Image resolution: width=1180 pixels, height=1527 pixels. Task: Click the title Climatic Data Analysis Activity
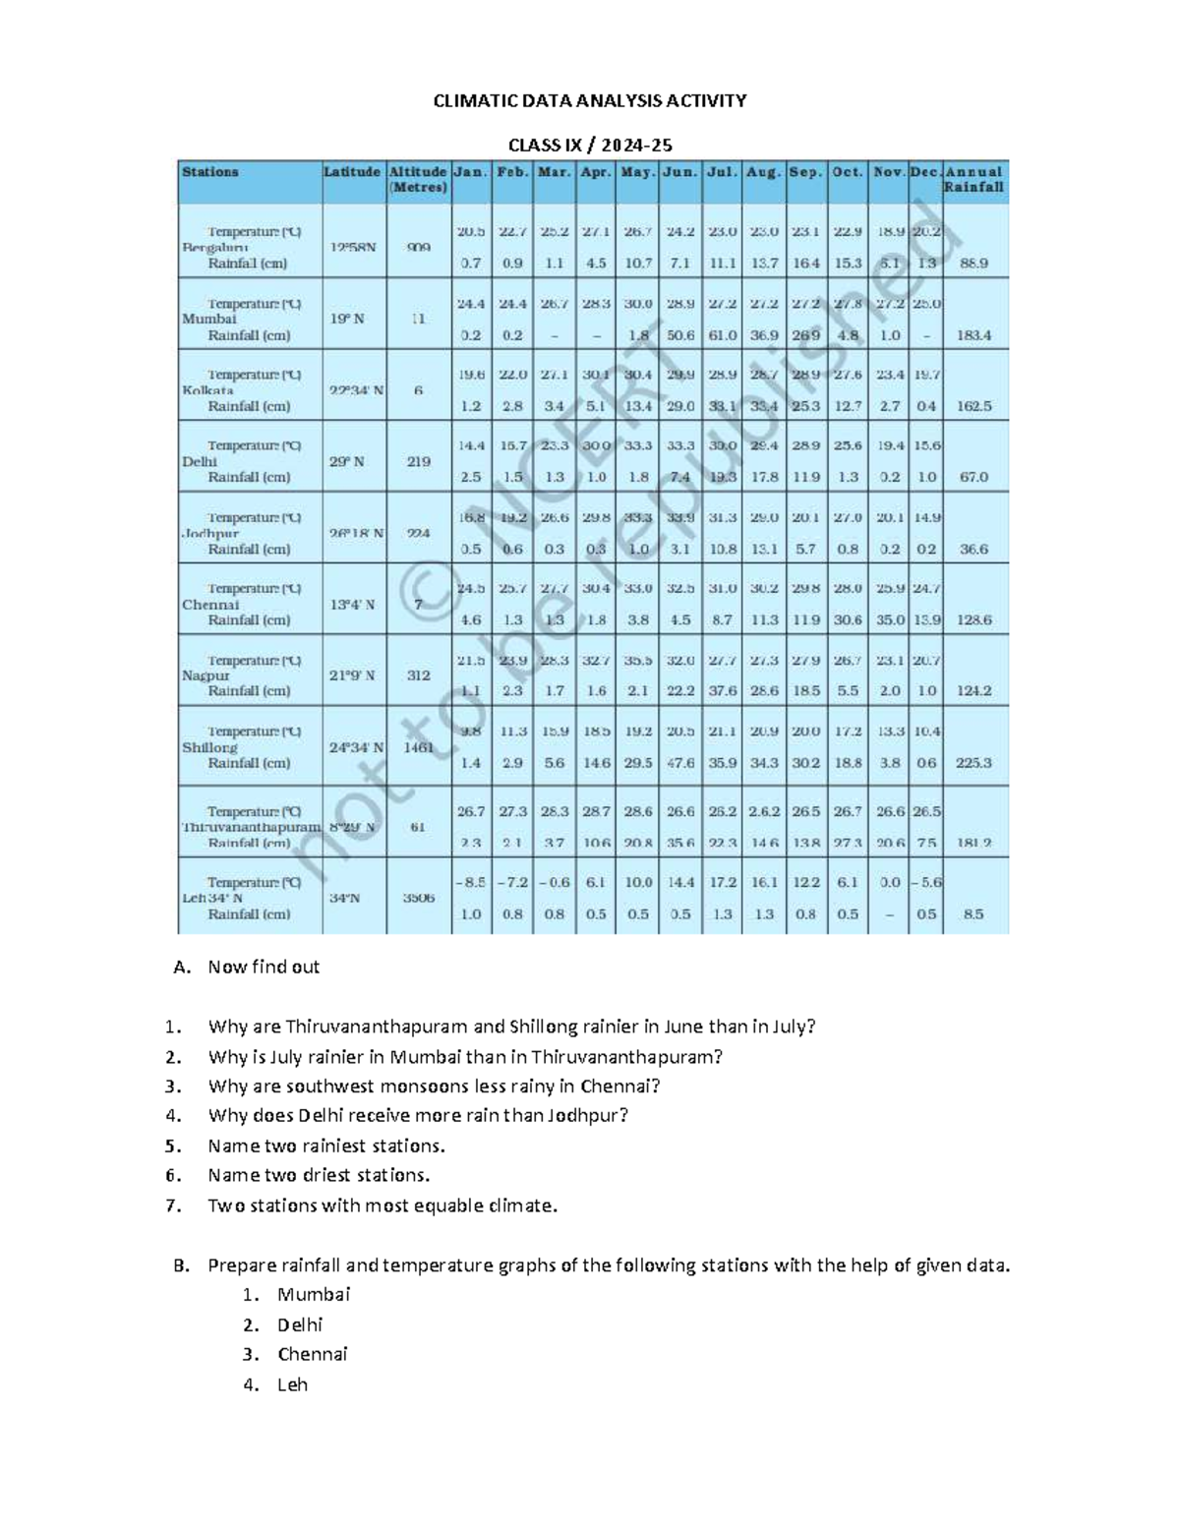pyautogui.click(x=590, y=100)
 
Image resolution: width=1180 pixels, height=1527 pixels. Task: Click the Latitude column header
pyautogui.click(x=351, y=172)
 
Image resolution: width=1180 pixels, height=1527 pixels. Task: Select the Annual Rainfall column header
pyautogui.click(x=973, y=179)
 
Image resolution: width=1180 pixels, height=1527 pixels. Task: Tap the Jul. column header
pyautogui.click(x=722, y=172)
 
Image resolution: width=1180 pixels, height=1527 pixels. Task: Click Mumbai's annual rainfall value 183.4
pyautogui.click(x=973, y=335)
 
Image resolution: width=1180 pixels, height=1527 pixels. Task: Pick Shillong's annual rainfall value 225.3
pyautogui.click(x=973, y=763)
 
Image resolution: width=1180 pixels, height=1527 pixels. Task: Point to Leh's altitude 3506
pyautogui.click(x=418, y=898)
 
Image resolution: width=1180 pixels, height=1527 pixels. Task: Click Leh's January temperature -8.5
pyautogui.click(x=470, y=883)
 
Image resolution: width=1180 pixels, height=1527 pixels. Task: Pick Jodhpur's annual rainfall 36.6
pyautogui.click(x=973, y=550)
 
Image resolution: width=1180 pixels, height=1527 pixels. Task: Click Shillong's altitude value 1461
pyautogui.click(x=418, y=747)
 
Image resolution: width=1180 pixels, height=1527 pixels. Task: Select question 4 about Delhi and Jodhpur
pyautogui.click(x=418, y=1115)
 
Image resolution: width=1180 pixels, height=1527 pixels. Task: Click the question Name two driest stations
pyautogui.click(x=319, y=1175)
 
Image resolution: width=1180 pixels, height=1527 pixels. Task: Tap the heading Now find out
pyautogui.click(x=264, y=967)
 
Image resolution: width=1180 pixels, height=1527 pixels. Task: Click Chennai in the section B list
pyautogui.click(x=312, y=1354)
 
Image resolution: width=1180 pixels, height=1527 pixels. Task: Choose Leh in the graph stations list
pyautogui.click(x=292, y=1384)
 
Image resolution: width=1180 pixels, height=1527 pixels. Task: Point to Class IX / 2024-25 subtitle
pyautogui.click(x=590, y=146)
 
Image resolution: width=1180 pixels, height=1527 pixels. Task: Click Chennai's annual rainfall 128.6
pyautogui.click(x=973, y=620)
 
